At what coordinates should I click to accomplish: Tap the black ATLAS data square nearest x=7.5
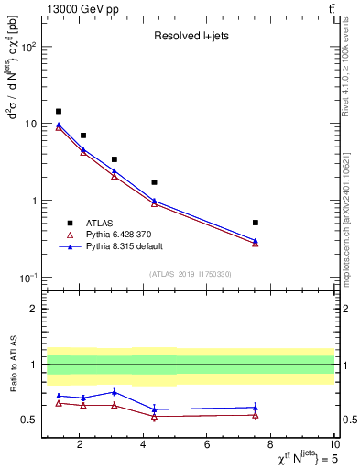(x=255, y=223)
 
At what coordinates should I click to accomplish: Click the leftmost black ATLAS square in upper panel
(x=59, y=111)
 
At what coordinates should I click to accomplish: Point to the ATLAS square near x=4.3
(x=154, y=182)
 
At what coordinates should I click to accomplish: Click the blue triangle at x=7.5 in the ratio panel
(x=255, y=408)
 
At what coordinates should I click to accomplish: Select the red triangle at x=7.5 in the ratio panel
(x=255, y=415)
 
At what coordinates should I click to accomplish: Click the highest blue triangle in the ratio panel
(x=114, y=392)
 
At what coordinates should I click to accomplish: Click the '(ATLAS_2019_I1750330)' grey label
(x=190, y=274)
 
